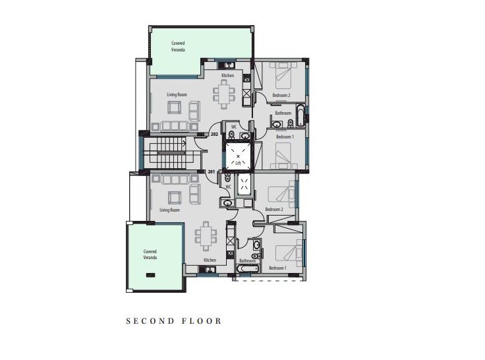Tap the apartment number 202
coord(214,135)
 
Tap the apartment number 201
coord(211,172)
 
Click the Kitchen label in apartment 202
coord(227,76)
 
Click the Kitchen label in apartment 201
coord(210,260)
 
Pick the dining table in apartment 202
coord(222,94)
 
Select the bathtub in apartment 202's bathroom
coord(300,116)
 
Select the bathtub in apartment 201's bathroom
coord(247,270)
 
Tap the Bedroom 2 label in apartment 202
coord(281,96)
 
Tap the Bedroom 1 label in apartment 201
coord(277,268)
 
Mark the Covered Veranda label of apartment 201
coord(150,255)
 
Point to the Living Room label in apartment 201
coord(169,210)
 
